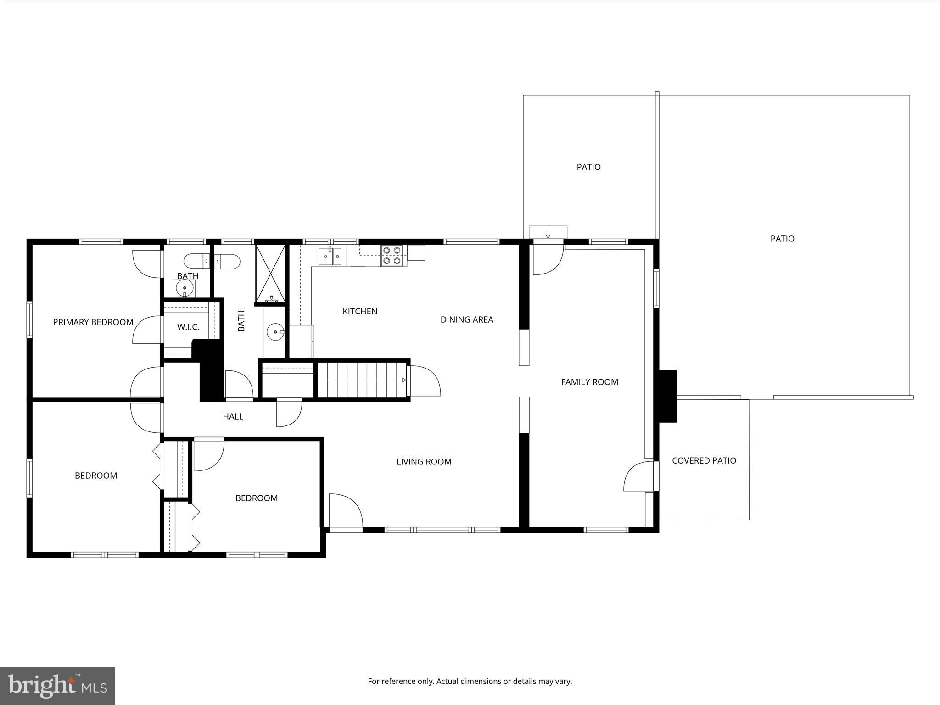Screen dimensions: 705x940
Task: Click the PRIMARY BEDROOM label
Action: click(93, 322)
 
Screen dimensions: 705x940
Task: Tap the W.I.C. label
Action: click(188, 327)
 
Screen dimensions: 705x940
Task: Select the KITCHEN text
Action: click(360, 311)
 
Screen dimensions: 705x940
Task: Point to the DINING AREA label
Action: click(467, 319)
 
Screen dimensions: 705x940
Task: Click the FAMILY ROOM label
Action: click(589, 382)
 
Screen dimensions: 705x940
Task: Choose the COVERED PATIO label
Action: click(704, 460)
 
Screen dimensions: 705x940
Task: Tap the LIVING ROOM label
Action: click(424, 462)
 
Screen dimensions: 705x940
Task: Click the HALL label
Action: click(233, 416)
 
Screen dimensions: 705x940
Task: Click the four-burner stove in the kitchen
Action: click(392, 256)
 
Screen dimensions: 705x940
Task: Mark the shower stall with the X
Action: click(270, 274)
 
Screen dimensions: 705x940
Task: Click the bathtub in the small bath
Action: click(212, 261)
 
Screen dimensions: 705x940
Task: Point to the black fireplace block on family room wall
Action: click(668, 396)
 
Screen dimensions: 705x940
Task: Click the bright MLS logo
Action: click(57, 686)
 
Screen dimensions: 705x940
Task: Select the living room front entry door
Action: click(346, 511)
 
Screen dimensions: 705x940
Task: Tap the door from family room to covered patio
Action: click(639, 476)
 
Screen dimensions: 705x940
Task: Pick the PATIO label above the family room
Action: click(588, 167)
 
